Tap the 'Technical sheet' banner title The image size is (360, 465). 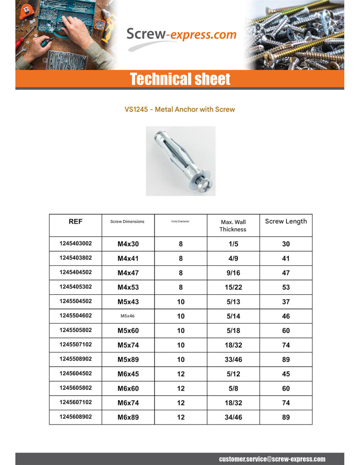180,79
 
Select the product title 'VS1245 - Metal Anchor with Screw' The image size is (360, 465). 180,109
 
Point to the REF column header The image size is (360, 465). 75,222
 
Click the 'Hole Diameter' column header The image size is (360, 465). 180,221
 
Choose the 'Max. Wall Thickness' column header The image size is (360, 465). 233,226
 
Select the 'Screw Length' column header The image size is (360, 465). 286,221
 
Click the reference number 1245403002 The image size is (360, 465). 76,243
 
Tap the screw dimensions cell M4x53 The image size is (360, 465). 128,287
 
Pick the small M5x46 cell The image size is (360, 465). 128,316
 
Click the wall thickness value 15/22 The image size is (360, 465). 233,287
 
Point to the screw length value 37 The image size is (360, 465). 286,301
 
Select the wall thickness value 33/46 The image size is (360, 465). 233,359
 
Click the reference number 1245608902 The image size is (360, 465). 76,417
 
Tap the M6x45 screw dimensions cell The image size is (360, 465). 128,374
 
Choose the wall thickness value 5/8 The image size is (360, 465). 233,388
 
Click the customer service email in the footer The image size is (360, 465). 272,459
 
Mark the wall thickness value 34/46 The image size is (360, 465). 233,417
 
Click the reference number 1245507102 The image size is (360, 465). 76,344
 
